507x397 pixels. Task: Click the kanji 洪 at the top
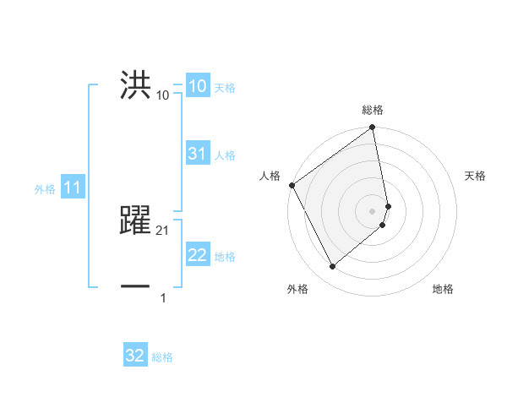click(x=136, y=86)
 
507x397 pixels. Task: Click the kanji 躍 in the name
click(x=136, y=219)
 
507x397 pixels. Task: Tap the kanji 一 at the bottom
click(x=136, y=287)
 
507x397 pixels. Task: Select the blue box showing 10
click(x=197, y=87)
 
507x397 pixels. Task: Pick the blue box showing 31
click(x=197, y=154)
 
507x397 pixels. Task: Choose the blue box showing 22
click(x=198, y=256)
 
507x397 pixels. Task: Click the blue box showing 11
click(x=73, y=188)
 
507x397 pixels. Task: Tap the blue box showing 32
click(x=135, y=356)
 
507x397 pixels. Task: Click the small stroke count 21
click(x=163, y=230)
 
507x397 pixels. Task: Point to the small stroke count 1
click(x=163, y=297)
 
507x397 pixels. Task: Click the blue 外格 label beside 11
click(x=45, y=189)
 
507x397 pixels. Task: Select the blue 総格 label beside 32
click(x=162, y=356)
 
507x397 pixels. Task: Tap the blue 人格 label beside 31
click(x=225, y=155)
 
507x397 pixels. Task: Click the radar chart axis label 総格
click(x=373, y=110)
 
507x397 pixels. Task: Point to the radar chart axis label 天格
click(x=475, y=176)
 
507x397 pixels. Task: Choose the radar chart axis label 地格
click(x=443, y=289)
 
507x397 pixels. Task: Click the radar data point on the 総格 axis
click(x=373, y=128)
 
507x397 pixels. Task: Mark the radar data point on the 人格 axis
click(x=292, y=185)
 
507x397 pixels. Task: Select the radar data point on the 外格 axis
click(x=332, y=267)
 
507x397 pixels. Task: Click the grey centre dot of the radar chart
click(x=373, y=210)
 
